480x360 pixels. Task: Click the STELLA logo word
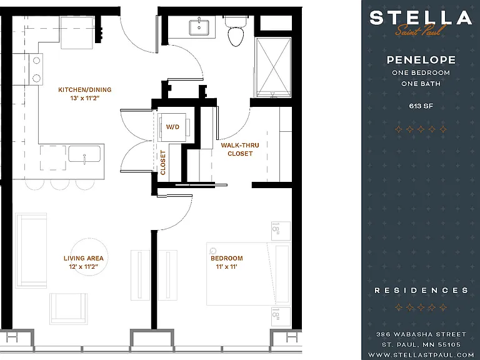[x=421, y=17]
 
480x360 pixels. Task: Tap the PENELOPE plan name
[x=421, y=60]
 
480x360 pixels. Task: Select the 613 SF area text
[x=421, y=106]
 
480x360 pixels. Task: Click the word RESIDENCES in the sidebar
[x=421, y=290]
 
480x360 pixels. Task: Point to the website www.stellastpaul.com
[x=421, y=355]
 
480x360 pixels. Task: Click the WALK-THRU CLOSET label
[x=240, y=149]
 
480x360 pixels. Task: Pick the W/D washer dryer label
[x=172, y=127]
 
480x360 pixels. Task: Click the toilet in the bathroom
[x=236, y=31]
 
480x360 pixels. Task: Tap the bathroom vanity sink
[x=199, y=27]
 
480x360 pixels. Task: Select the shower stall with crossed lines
[x=273, y=67]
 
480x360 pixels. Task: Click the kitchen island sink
[x=84, y=154]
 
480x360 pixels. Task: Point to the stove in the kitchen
[x=36, y=69]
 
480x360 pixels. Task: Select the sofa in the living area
[x=31, y=251]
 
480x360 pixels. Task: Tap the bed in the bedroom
[x=248, y=274]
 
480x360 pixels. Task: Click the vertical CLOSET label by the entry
[x=162, y=162]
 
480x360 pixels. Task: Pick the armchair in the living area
[x=69, y=309]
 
